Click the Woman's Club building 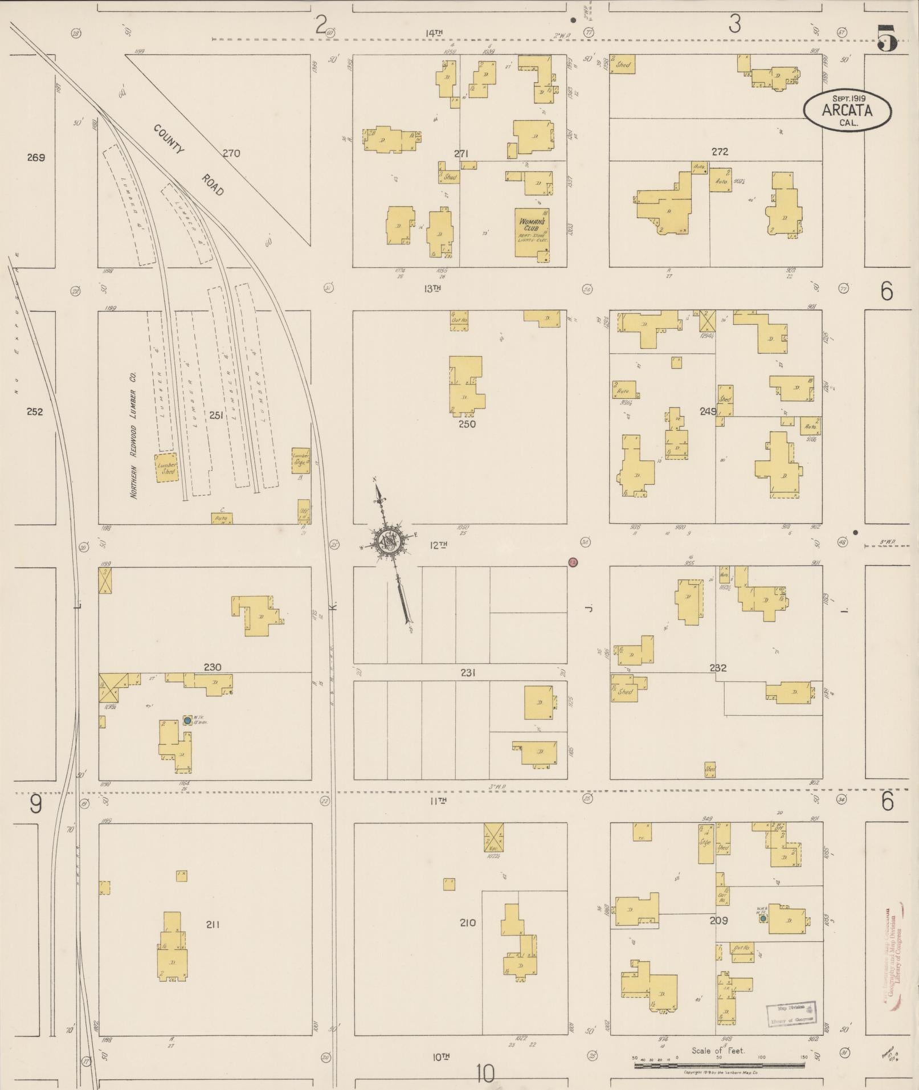click(x=532, y=232)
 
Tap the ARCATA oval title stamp click(x=847, y=111)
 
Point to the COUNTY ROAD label click(x=188, y=160)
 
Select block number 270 click(x=231, y=153)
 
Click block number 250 click(x=467, y=424)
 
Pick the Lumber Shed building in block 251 click(x=167, y=468)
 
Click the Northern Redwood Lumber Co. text click(x=134, y=444)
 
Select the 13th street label click(x=433, y=289)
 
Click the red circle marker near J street click(x=573, y=562)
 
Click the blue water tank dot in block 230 click(x=187, y=721)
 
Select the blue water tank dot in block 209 click(x=762, y=918)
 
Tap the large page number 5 click(x=887, y=38)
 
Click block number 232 click(x=718, y=668)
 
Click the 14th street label click(x=434, y=33)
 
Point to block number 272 click(x=720, y=152)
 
